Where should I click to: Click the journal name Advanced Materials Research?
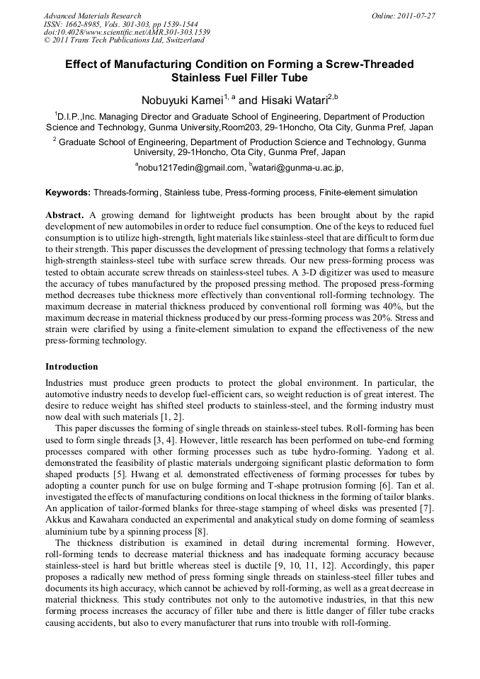(92, 16)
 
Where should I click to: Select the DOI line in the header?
(126, 33)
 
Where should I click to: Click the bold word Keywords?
(68, 193)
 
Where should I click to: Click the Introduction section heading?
(72, 367)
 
